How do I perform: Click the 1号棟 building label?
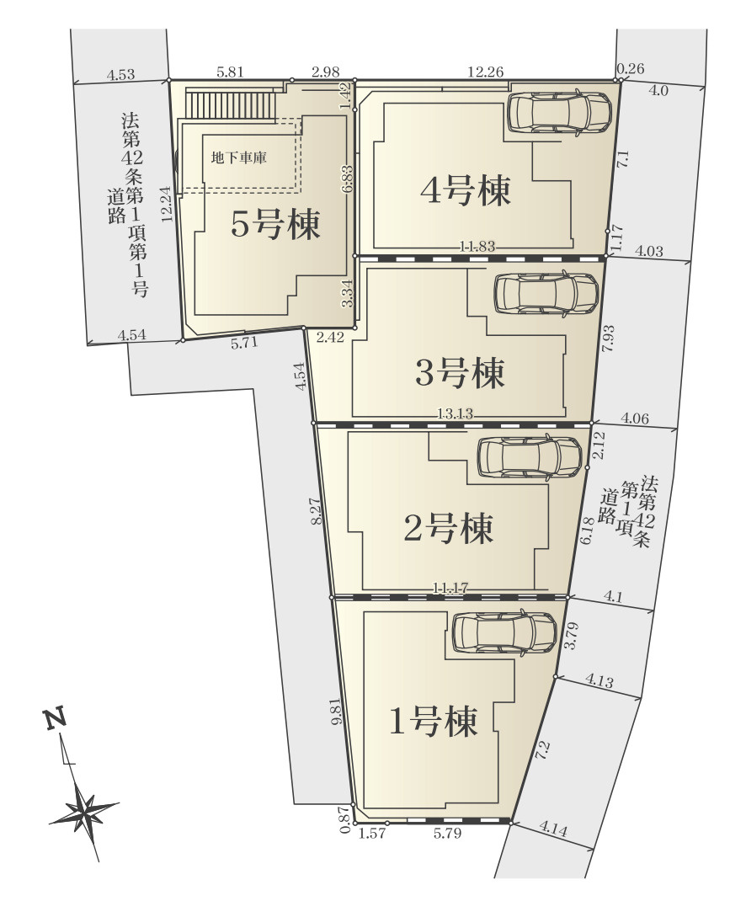(x=432, y=721)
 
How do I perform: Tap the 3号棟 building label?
(x=460, y=372)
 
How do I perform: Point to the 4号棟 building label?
(x=466, y=190)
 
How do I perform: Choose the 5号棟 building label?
(x=275, y=226)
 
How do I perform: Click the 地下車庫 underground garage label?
(x=239, y=157)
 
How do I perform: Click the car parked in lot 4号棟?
(x=559, y=112)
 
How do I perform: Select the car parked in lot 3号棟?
(x=546, y=294)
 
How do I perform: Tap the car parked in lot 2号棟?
(x=530, y=457)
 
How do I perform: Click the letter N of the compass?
(x=56, y=720)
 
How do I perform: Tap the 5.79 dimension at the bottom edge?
(x=446, y=834)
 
